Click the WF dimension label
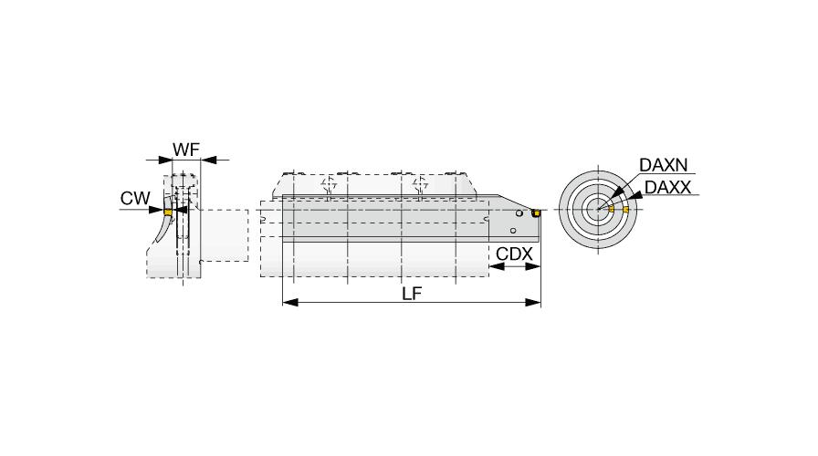point(186,150)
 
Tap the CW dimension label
point(135,198)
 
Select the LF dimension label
point(411,294)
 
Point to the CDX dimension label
point(514,254)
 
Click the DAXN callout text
point(664,165)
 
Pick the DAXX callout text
point(667,187)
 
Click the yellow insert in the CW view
point(168,212)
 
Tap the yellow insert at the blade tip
point(535,213)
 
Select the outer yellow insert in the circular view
point(625,210)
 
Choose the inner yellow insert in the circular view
point(612,209)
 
